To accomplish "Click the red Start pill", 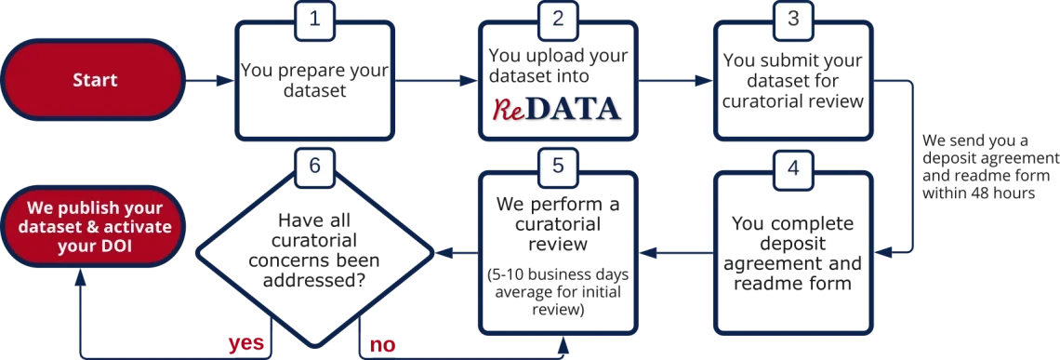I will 95,80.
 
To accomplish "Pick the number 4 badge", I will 792,168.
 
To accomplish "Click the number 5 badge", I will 558,167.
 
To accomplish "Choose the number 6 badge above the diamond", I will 314,167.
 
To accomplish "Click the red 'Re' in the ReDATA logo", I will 508,109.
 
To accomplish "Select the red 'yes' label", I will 245,344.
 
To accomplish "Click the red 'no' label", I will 380,345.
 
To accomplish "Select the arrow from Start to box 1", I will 207,81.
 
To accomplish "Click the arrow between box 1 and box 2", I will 437,81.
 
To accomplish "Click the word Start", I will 95,80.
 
